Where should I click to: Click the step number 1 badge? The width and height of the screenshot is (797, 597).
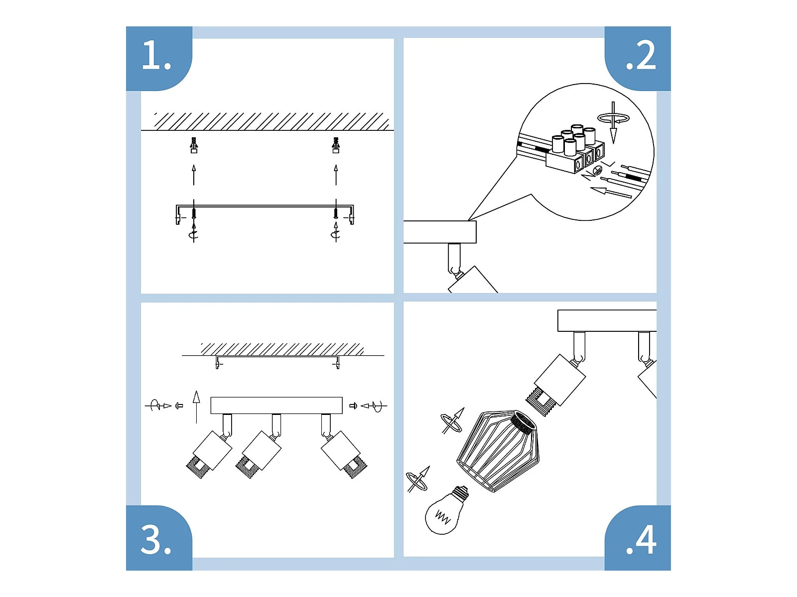[x=159, y=58]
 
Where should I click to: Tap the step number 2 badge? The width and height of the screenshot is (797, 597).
[x=637, y=58]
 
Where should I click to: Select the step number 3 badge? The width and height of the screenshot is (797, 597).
[x=159, y=538]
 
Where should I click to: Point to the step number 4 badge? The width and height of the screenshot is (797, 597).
[x=637, y=538]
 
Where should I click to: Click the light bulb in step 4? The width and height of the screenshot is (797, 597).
[x=445, y=511]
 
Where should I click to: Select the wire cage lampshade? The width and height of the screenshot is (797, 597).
[x=497, y=451]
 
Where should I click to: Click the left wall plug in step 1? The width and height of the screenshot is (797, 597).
[x=194, y=145]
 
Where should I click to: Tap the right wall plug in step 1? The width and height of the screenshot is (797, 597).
[x=336, y=145]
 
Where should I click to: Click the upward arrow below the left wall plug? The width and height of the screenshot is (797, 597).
[x=194, y=175]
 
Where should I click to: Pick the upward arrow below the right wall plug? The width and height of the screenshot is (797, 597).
[x=336, y=175]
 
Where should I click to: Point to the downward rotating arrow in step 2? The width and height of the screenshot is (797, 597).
[x=613, y=122]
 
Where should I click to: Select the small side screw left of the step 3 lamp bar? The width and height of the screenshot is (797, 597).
[x=179, y=405]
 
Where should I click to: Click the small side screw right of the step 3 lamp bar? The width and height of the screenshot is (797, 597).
[x=353, y=405]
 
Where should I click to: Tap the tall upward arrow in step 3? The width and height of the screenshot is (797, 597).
[x=196, y=407]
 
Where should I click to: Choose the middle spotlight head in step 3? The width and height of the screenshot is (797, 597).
[x=259, y=454]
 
